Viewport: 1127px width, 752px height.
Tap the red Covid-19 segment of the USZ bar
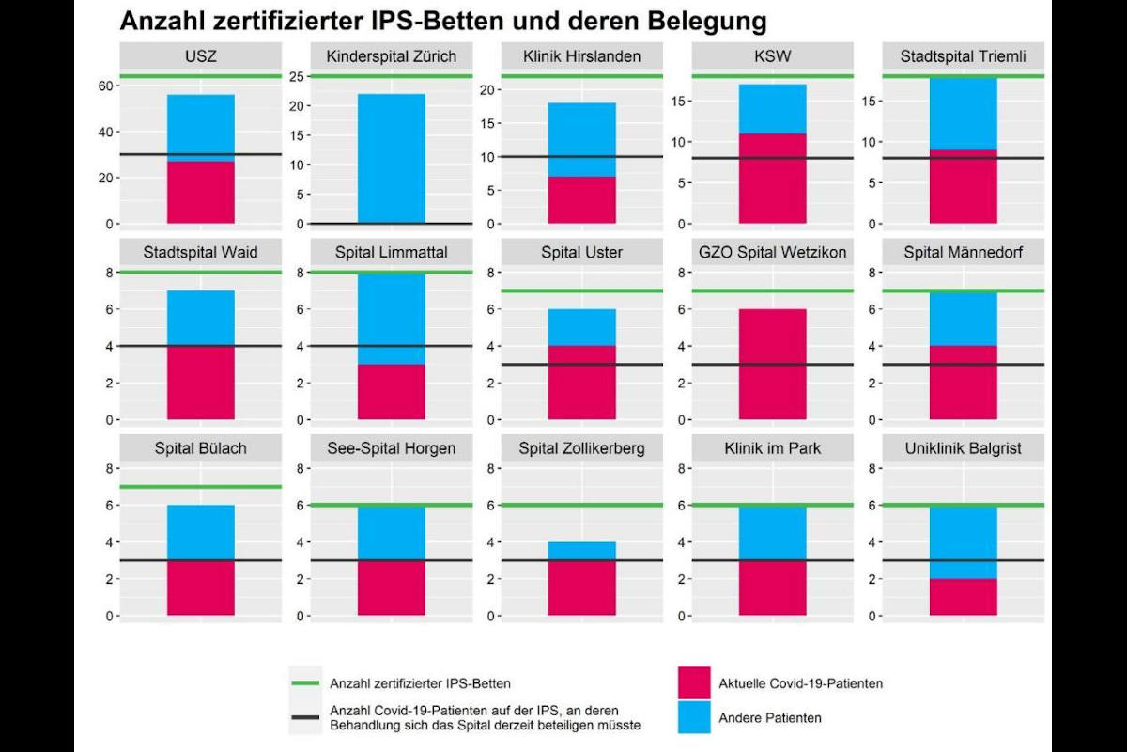[x=201, y=193]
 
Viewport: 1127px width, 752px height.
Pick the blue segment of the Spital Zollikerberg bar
[x=581, y=551]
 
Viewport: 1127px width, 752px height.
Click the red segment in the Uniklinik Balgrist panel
[x=963, y=597]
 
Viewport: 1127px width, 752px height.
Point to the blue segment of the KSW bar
[x=772, y=108]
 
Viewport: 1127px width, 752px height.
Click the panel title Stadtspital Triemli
[x=963, y=56]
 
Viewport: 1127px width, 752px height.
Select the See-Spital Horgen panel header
[x=391, y=448]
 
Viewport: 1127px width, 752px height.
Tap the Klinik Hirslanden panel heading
[x=581, y=56]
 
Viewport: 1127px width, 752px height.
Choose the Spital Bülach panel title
[x=201, y=448]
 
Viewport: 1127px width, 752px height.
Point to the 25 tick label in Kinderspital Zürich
[x=293, y=76]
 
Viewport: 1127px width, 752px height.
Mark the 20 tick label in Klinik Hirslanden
[x=485, y=90]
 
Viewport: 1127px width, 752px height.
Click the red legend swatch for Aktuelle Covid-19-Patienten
[x=693, y=683]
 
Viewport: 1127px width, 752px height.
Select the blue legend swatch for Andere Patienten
[x=693, y=717]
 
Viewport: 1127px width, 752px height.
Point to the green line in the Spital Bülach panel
[x=201, y=486]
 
